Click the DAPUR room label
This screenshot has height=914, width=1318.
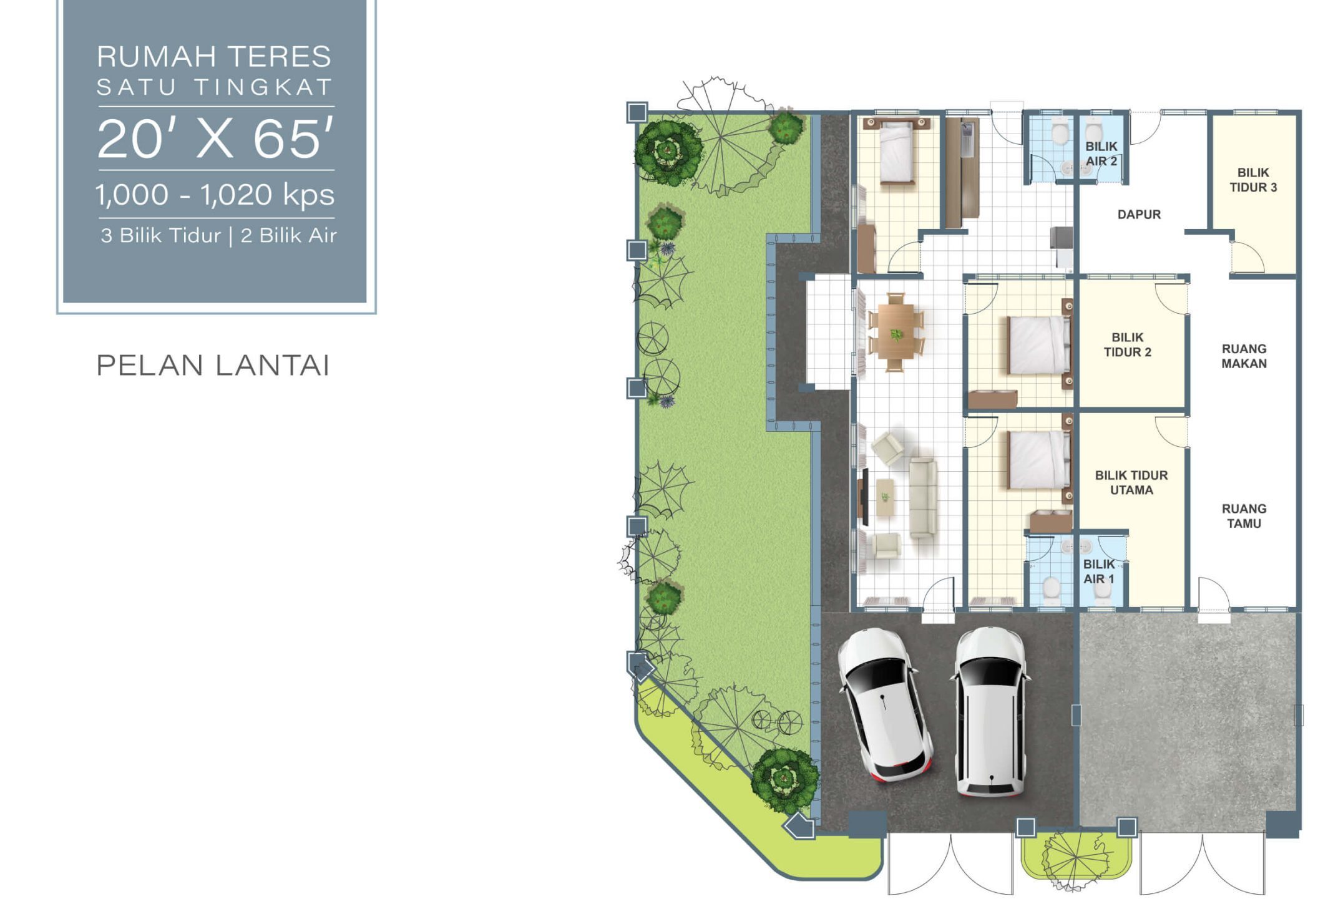coord(1139,215)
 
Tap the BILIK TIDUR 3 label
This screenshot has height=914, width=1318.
coord(1253,180)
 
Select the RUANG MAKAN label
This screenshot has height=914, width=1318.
coord(1244,356)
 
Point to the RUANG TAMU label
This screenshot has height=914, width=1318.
coord(1244,516)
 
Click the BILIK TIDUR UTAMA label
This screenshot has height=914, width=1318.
coord(1131,482)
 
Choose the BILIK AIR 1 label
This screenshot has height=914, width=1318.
coord(1098,571)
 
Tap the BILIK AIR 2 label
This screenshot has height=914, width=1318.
coord(1101,153)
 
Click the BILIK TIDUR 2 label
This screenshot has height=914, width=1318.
coord(1127,344)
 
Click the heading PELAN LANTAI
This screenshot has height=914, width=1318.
coord(213,366)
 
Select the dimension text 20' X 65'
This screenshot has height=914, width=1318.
coord(215,139)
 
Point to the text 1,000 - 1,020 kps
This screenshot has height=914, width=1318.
coord(215,195)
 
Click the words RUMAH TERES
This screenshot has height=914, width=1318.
coord(214,56)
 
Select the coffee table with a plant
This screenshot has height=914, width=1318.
coord(885,497)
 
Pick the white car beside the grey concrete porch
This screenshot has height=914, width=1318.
coord(990,712)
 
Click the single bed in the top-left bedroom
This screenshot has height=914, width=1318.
coord(897,153)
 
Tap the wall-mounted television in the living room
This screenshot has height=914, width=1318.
coord(865,496)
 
